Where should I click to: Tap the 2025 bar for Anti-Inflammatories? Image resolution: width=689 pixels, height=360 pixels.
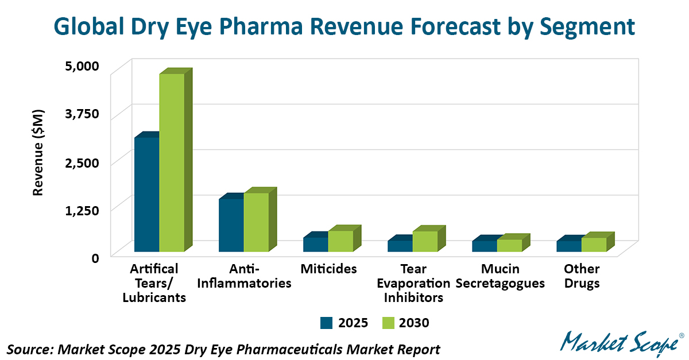231,225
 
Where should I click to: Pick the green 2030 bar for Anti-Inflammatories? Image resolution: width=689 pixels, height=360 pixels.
256,222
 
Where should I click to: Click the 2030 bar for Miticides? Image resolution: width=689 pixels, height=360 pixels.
340,241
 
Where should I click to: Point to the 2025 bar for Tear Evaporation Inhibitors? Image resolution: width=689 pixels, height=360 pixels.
400,246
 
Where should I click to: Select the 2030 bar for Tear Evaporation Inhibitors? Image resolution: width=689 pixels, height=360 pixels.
425,241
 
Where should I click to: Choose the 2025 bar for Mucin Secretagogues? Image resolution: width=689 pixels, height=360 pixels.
484,246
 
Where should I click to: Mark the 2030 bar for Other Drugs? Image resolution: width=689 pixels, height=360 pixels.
594,245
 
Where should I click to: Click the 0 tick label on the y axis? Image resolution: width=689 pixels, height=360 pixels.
95,257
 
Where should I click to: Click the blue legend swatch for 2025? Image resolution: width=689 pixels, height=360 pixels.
327,323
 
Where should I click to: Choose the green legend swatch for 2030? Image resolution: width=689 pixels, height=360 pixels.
388,323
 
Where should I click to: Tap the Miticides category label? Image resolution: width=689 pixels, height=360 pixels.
328,269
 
